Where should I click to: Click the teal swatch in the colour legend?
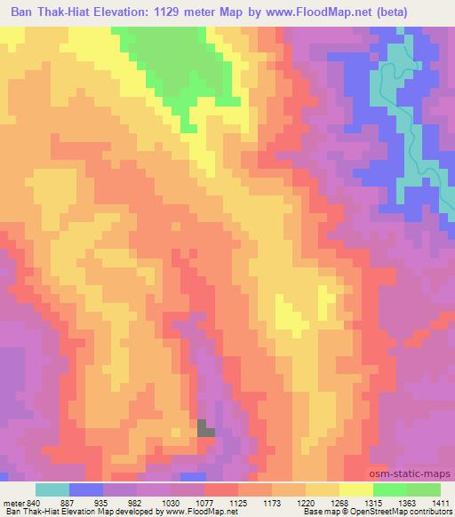[x=52, y=489]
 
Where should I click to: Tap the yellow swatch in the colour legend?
[x=355, y=489]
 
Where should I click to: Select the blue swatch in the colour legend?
[x=86, y=489]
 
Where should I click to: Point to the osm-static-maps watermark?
[x=418, y=475]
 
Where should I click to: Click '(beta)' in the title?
[x=426, y=13]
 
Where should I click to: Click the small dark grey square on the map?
[x=205, y=428]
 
